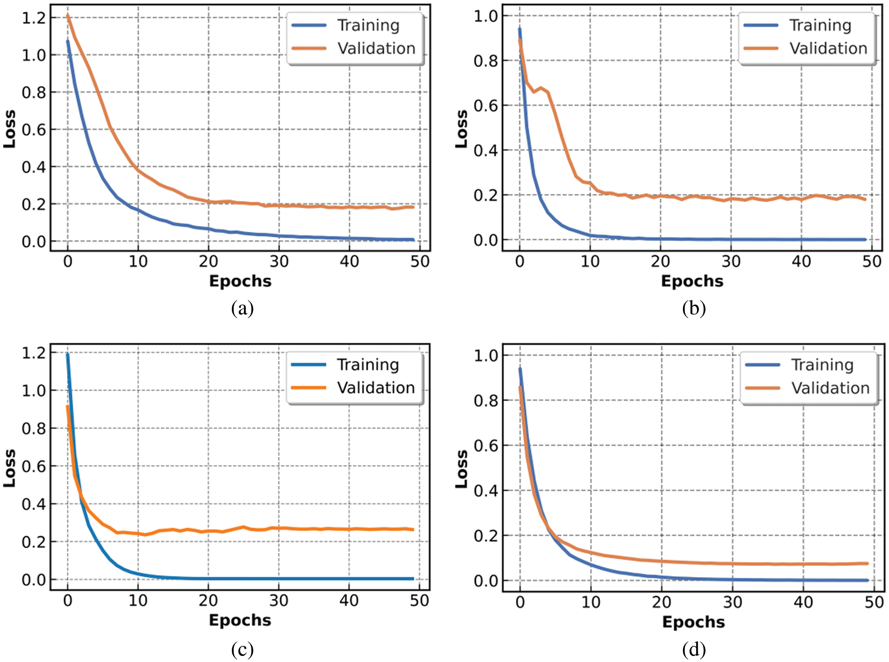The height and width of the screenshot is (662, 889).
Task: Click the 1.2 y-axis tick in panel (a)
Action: coord(33,18)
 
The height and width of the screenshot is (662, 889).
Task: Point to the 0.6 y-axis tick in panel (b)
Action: coord(485,106)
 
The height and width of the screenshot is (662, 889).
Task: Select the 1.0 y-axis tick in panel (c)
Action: coord(33,390)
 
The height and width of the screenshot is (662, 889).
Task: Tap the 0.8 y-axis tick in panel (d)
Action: coord(485,400)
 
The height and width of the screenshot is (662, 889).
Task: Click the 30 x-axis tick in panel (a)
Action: coord(279,262)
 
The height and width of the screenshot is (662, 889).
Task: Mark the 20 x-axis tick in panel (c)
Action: coord(208,601)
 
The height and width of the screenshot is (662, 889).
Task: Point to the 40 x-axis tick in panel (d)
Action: coord(803,602)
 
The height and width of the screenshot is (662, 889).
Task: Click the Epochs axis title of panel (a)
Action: coord(240,281)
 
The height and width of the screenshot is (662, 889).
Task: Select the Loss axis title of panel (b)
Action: coord(462,129)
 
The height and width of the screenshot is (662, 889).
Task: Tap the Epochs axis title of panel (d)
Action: coord(694,622)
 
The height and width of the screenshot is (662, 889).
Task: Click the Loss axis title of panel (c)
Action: coord(10,469)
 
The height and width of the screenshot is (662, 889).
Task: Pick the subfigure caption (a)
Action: coord(242,308)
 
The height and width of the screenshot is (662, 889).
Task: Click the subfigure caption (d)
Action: coord(694,649)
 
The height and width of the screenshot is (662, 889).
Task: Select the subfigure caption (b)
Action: coord(694,308)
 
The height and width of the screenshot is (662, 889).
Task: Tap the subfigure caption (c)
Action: coord(242,649)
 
